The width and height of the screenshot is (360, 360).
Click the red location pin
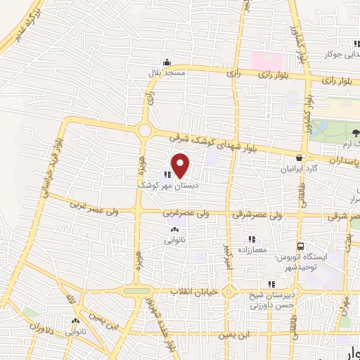tap(181, 166)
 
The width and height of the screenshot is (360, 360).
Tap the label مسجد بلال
tap(165, 72)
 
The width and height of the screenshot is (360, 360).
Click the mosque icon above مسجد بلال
tap(166, 62)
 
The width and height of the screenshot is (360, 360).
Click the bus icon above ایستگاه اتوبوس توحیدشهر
tap(301, 247)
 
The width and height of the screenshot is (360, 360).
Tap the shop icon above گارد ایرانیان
tap(300, 158)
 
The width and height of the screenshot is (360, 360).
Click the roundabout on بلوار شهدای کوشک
tap(145, 130)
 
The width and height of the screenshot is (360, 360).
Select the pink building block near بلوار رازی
tap(267, 60)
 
